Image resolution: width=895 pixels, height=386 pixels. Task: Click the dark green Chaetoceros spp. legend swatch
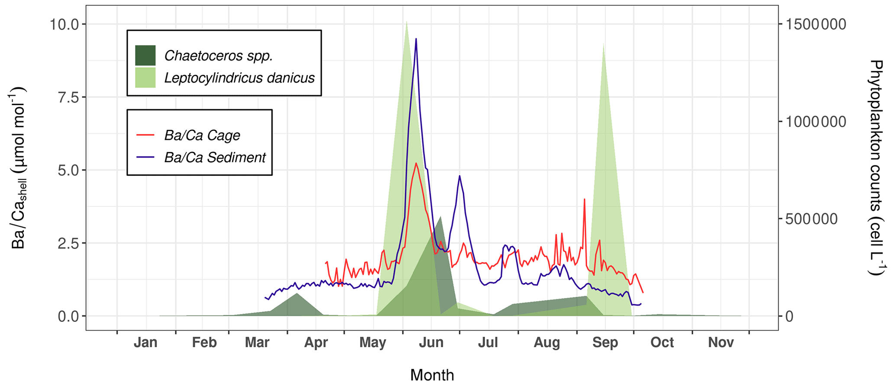(145, 55)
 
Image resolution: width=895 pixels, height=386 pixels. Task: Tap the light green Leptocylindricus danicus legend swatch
(145, 77)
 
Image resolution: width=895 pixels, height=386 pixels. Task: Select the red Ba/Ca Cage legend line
(145, 135)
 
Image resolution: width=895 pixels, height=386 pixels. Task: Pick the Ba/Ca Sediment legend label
(215, 158)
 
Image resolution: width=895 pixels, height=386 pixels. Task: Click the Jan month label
(145, 343)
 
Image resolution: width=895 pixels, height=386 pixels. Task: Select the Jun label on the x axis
(431, 343)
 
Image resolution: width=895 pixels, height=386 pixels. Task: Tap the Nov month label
(721, 343)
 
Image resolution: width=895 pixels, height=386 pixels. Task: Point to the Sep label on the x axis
(605, 343)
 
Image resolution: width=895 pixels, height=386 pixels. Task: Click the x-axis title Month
(432, 375)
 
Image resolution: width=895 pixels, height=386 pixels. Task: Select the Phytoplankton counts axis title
(876, 168)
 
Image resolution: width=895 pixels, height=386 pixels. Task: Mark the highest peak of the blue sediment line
(416, 39)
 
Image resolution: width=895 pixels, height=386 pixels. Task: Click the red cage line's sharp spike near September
(585, 199)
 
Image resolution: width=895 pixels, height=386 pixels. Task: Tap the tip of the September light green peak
(603, 44)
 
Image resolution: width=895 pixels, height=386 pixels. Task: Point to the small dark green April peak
(297, 294)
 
